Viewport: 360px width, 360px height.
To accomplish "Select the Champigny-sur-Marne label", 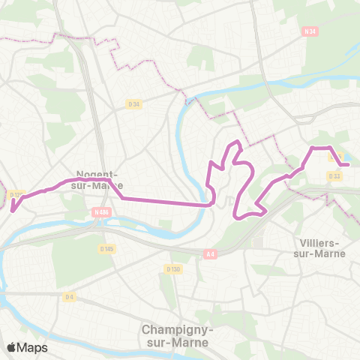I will coord(176,336).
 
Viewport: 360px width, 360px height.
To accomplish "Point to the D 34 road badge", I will coord(134,104).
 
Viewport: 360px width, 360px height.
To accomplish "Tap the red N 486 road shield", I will coord(103,212).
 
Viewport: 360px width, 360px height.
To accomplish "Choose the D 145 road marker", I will coord(106,248).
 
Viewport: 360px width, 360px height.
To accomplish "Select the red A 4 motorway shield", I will coord(210,255).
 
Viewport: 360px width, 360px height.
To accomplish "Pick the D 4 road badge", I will coord(70,297).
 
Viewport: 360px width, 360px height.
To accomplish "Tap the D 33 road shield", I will coord(334,175).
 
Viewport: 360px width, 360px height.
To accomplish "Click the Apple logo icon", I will coord(12,347).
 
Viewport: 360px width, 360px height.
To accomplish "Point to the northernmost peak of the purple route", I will coord(238,142).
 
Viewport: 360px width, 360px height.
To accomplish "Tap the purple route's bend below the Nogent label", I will coord(121,198).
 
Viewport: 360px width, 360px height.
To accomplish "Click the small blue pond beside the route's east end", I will coord(350,157).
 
